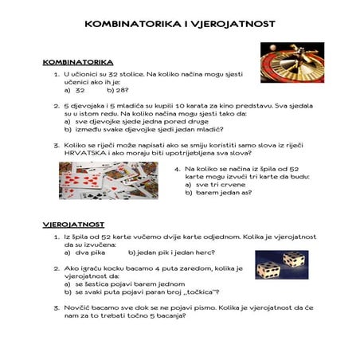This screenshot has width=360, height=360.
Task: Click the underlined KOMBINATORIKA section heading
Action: tap(77, 61)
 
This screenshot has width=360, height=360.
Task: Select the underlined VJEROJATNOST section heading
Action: tap(73, 225)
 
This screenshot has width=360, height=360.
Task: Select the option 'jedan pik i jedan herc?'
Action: tap(167, 252)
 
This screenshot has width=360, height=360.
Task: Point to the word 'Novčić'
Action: tap(80, 307)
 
